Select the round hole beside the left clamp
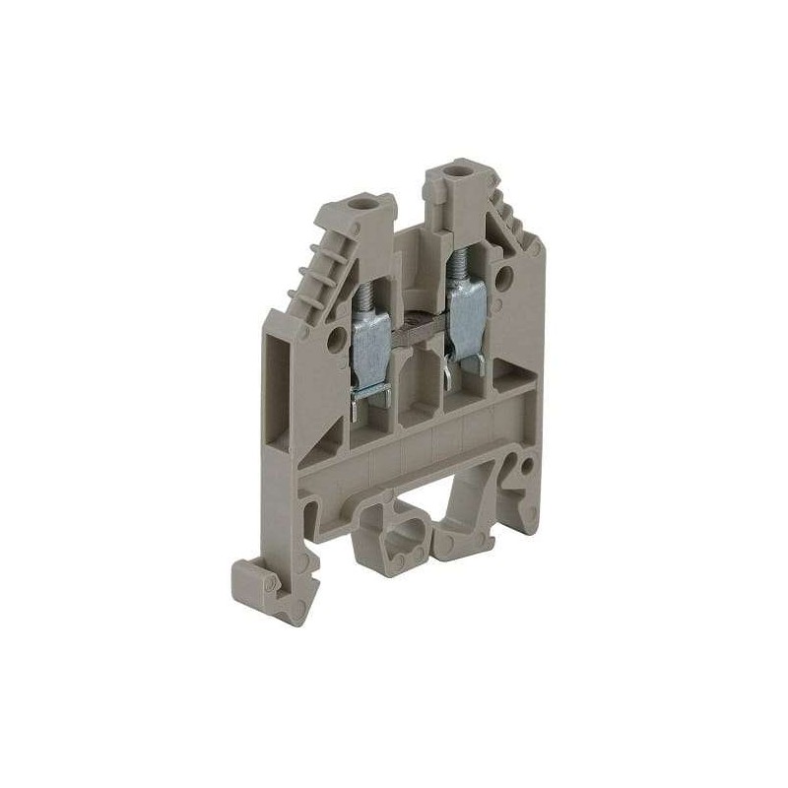coord(338,342)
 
